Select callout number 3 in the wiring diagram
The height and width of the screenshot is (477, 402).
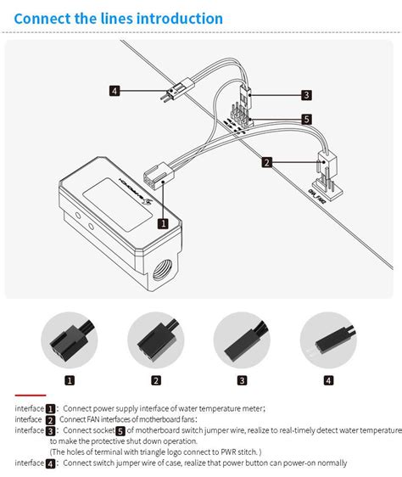pyautogui.click(x=306, y=95)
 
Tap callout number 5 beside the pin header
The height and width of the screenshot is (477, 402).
pyautogui.click(x=306, y=119)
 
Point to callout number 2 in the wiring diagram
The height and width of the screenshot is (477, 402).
pyautogui.click(x=266, y=161)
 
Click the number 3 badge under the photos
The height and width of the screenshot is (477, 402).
pyautogui.click(x=243, y=380)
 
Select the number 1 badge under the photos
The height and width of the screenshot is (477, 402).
pyautogui.click(x=70, y=380)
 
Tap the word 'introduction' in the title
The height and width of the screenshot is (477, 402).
pyautogui.click(x=180, y=19)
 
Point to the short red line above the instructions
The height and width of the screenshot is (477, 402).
pyautogui.click(x=31, y=396)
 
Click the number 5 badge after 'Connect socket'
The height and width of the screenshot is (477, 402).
pyautogui.click(x=120, y=431)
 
